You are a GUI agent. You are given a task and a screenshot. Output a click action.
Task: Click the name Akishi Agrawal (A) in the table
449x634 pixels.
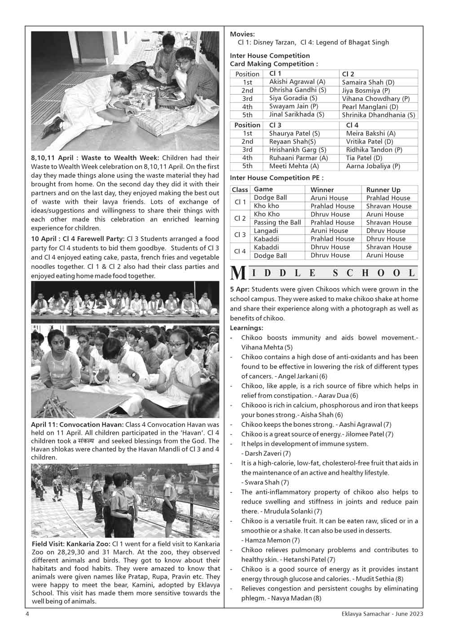click(x=297, y=82)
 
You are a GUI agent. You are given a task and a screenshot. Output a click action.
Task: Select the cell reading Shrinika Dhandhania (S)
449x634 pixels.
click(x=379, y=115)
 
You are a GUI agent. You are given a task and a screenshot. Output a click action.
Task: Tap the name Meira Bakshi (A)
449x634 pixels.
click(x=370, y=133)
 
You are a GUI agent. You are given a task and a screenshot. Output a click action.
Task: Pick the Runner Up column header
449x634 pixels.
click(x=383, y=190)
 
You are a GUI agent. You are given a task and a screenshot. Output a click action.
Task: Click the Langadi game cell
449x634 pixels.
click(x=266, y=231)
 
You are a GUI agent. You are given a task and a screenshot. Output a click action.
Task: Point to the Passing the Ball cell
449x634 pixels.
click(x=277, y=223)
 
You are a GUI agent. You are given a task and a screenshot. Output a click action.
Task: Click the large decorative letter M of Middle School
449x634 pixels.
click(x=238, y=273)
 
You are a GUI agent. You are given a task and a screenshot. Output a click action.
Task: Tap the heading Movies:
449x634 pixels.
click(x=242, y=34)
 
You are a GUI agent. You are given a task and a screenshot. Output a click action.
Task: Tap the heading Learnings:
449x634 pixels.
click(x=246, y=328)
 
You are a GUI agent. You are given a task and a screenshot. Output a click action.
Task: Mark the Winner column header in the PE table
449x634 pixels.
click(x=322, y=190)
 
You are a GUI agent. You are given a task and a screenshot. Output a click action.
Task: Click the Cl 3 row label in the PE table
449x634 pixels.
click(x=240, y=235)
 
